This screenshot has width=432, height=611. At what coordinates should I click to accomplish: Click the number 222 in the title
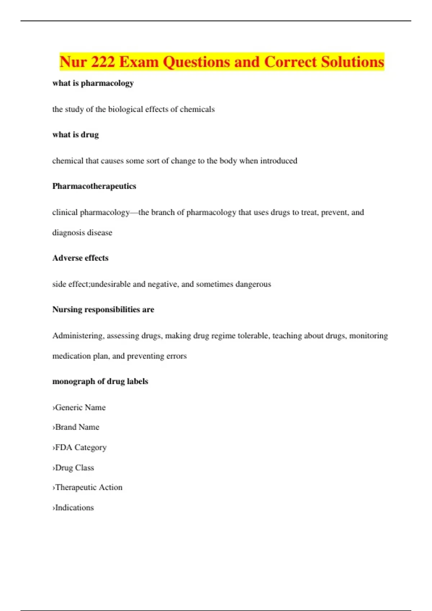coord(103,62)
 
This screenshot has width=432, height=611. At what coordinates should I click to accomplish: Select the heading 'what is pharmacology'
coord(93,83)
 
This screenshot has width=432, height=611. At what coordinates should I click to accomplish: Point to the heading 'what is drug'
coord(76,135)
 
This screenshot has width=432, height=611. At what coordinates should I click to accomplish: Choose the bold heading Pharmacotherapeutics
coord(94,186)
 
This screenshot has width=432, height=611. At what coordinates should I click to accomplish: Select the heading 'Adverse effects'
coord(80,258)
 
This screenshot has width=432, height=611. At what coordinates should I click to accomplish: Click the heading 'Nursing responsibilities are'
coord(103,309)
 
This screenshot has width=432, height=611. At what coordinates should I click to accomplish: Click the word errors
coord(176,356)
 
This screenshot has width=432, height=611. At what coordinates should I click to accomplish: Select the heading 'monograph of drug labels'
coord(100,381)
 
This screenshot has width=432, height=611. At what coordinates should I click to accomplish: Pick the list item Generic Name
coord(80,408)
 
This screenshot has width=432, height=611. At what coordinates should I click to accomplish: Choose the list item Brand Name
coord(76,427)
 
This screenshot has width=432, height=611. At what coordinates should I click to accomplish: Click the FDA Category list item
coord(80,447)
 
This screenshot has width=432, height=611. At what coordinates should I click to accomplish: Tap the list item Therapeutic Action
coord(88,487)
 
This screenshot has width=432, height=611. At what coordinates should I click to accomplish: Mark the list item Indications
coord(73,508)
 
